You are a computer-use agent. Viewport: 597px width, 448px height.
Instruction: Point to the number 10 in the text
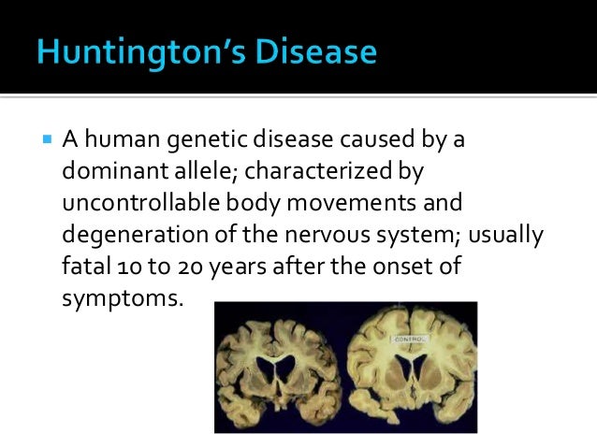(x=130, y=267)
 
